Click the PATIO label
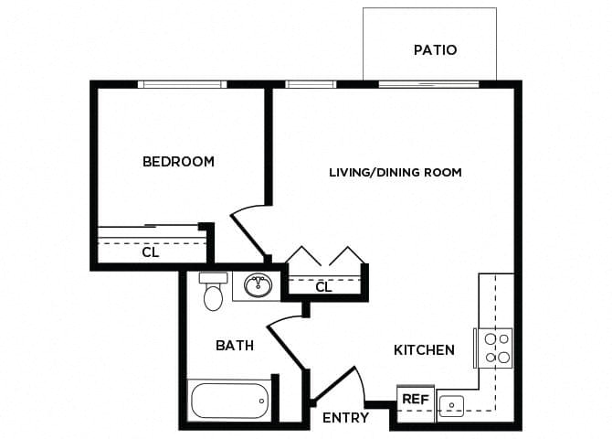[x=434, y=49]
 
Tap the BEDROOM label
[x=178, y=162]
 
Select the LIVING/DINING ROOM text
[x=396, y=172]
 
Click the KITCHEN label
[x=424, y=349]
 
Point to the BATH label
[x=235, y=346]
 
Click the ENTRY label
[x=346, y=418]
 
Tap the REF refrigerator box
[x=416, y=399]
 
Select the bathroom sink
[x=257, y=286]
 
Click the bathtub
[x=229, y=400]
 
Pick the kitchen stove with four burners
[x=495, y=348]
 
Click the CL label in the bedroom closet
[x=151, y=252]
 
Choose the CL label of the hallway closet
[x=322, y=287]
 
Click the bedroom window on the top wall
[x=183, y=84]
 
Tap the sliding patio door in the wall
[x=428, y=84]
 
